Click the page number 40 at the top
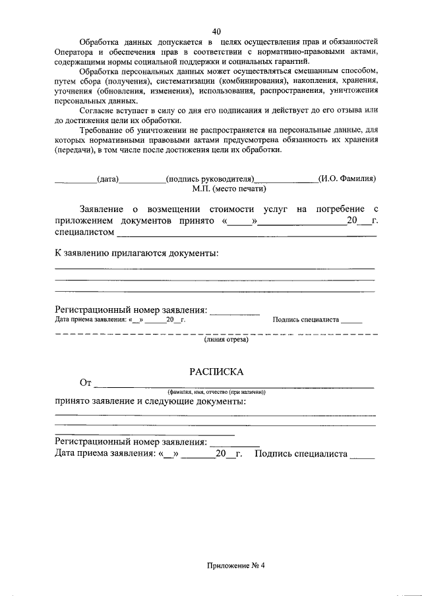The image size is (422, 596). (216, 30)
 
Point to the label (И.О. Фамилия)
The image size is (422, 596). (346, 178)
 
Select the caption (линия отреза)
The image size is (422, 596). (226, 340)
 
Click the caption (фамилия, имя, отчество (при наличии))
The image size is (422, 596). (216, 392)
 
